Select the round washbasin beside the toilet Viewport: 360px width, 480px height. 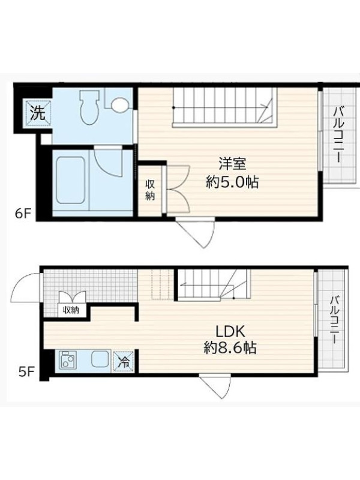[x=119, y=104]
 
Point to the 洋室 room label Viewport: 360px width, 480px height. [x=232, y=164]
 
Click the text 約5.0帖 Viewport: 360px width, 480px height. [x=232, y=182]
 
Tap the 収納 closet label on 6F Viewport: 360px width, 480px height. [x=149, y=190]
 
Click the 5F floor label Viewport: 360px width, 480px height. [x=26, y=372]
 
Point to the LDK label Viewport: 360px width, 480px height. [x=230, y=331]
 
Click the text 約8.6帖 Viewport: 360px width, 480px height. [x=230, y=348]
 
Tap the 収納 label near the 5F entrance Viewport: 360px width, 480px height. [x=71, y=310]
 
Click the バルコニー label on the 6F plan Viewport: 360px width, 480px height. [x=338, y=134]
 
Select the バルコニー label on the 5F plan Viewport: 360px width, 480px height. [x=334, y=320]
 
